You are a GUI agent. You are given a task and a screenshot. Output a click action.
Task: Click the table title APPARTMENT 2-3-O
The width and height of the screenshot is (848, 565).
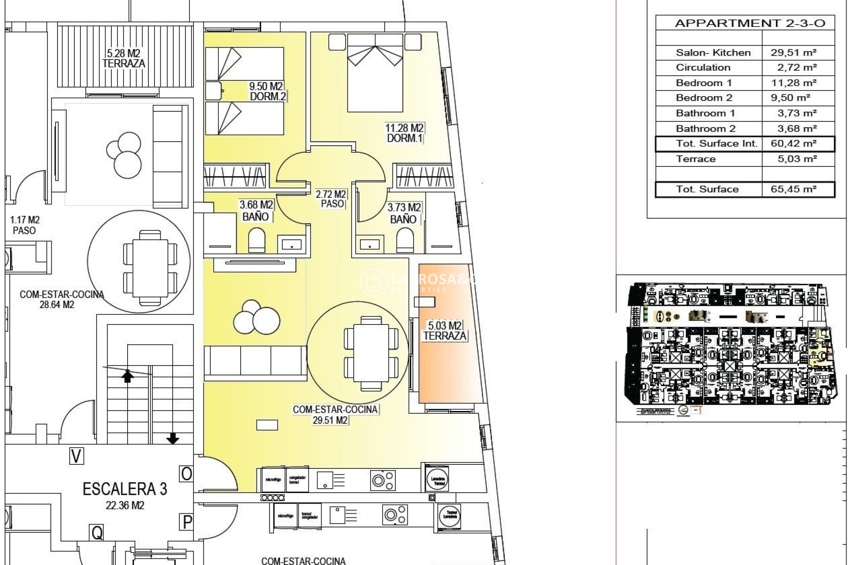[x=750, y=23]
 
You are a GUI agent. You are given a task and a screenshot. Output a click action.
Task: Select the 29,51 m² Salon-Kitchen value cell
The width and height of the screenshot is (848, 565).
[x=793, y=53]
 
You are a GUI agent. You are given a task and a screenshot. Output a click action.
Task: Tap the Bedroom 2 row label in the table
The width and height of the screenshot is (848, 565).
[x=704, y=98]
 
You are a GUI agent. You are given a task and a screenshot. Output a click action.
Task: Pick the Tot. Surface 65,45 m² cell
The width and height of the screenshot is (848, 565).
[x=793, y=189]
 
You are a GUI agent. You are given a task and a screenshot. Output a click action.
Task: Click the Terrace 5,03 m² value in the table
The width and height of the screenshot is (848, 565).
[x=796, y=159]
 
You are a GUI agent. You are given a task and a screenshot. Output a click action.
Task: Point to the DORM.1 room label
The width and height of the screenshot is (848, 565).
[x=404, y=133]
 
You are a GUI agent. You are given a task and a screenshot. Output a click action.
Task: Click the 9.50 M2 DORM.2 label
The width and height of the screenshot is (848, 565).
[x=267, y=91]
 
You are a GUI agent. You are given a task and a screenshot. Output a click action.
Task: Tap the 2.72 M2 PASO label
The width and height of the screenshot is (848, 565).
[x=331, y=199]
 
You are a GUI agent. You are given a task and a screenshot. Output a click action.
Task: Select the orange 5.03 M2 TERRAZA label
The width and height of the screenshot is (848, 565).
[x=444, y=331]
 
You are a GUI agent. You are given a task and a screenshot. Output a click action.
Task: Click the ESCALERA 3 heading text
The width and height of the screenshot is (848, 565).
[x=125, y=489]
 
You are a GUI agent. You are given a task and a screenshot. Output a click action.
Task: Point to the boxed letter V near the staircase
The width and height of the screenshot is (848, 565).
[x=76, y=456]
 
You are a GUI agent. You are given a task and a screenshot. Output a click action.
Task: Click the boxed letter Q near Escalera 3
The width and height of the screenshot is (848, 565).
[x=97, y=533]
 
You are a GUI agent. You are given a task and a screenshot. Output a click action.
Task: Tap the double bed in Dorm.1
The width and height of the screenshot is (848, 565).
[x=375, y=73]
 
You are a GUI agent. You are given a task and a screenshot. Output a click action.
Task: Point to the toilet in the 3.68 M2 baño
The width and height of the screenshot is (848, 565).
[x=257, y=241]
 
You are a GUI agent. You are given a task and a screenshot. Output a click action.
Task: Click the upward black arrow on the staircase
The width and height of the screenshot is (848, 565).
[x=128, y=376]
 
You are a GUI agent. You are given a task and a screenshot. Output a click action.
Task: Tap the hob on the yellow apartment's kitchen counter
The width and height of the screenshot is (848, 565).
[x=382, y=480]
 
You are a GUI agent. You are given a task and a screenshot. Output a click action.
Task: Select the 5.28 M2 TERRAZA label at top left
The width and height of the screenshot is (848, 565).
[x=124, y=59]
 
